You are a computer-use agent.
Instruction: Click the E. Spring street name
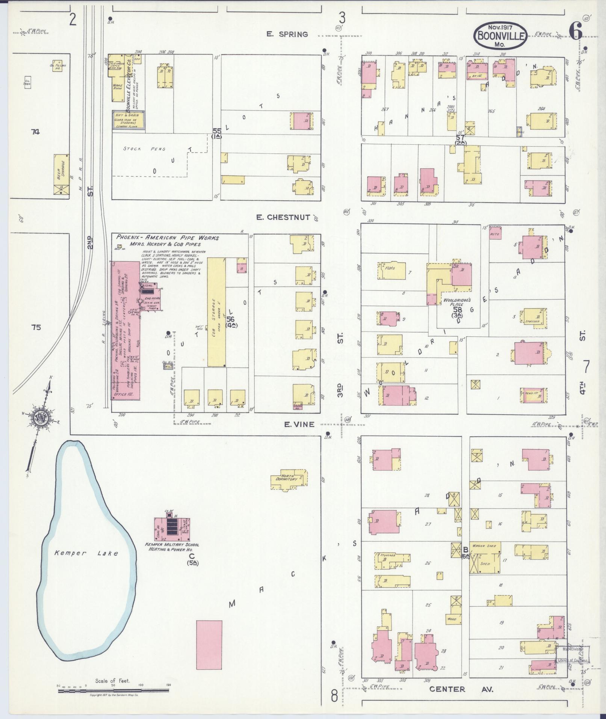click(x=287, y=34)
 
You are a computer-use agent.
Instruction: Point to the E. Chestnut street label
click(x=284, y=217)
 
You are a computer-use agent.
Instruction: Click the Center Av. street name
click(x=461, y=689)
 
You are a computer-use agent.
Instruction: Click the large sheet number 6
click(x=575, y=31)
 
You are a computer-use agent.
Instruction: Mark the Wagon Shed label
click(x=484, y=545)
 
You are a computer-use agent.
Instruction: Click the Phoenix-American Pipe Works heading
click(x=167, y=238)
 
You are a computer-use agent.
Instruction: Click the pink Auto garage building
click(x=496, y=235)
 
